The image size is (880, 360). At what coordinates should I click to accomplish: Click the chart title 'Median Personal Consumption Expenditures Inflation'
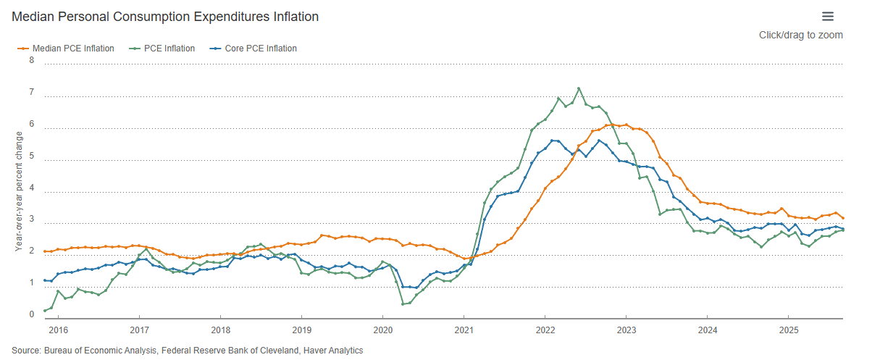(x=164, y=16)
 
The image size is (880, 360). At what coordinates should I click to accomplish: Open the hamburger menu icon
(x=828, y=17)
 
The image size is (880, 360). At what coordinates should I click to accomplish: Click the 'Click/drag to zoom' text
(x=800, y=35)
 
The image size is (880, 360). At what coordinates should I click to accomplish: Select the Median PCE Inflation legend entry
(x=72, y=49)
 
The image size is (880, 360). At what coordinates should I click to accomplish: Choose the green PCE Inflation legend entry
(x=169, y=49)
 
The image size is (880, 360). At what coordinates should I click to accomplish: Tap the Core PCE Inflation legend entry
(x=260, y=49)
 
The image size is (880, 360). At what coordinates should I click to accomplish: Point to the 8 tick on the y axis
(x=31, y=60)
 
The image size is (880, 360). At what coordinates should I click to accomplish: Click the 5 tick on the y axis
(x=31, y=156)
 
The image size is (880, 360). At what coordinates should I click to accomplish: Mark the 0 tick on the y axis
(x=31, y=315)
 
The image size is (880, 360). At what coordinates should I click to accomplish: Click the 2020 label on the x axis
(x=382, y=330)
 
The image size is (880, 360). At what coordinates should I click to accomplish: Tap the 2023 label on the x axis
(x=627, y=330)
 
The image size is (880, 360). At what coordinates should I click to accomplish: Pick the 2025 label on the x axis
(x=789, y=330)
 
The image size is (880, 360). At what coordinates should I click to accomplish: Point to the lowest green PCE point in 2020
(x=403, y=304)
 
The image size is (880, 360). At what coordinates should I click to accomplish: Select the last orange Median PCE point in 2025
(x=842, y=218)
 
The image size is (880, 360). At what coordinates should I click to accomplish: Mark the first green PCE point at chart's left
(x=44, y=311)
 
